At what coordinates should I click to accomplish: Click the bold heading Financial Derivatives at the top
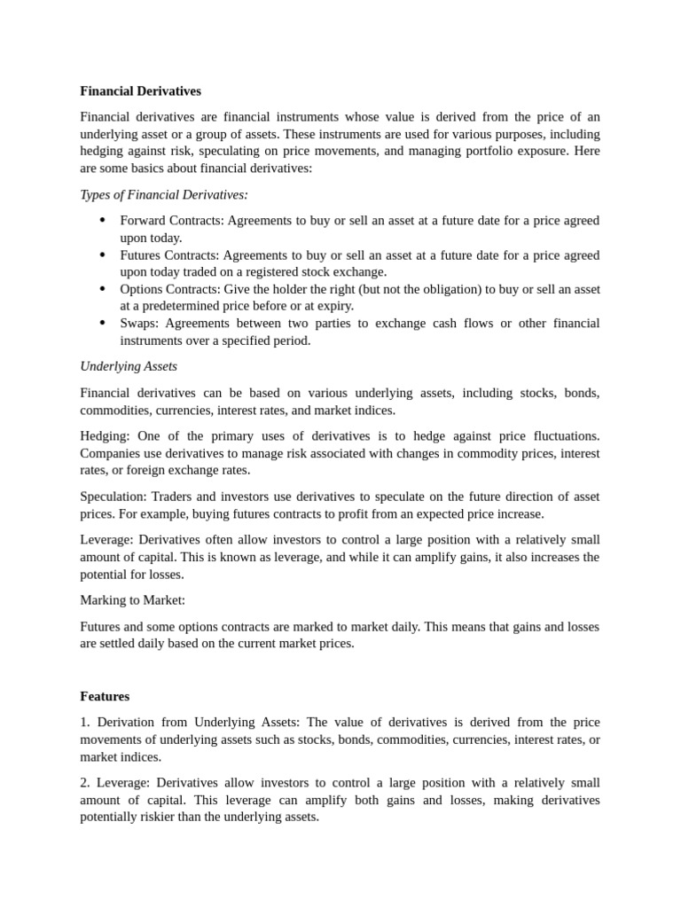[x=140, y=91]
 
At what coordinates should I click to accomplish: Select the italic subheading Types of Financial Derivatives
[x=164, y=195]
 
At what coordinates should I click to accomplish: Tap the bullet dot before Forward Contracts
[x=102, y=220]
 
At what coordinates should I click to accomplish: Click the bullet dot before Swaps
[x=102, y=324]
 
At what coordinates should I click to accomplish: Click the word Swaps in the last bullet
[x=137, y=324]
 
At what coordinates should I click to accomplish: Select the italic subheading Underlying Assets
[x=129, y=366]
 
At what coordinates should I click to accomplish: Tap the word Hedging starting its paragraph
[x=104, y=436]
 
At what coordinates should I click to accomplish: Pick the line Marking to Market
[x=132, y=600]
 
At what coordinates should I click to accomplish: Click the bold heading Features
[x=105, y=697]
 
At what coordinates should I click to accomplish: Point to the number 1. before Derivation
[x=85, y=723]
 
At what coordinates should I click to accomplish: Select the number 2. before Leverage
[x=85, y=783]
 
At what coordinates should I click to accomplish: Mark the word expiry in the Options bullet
[x=294, y=307]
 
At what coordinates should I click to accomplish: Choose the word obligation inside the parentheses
[x=449, y=290]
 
